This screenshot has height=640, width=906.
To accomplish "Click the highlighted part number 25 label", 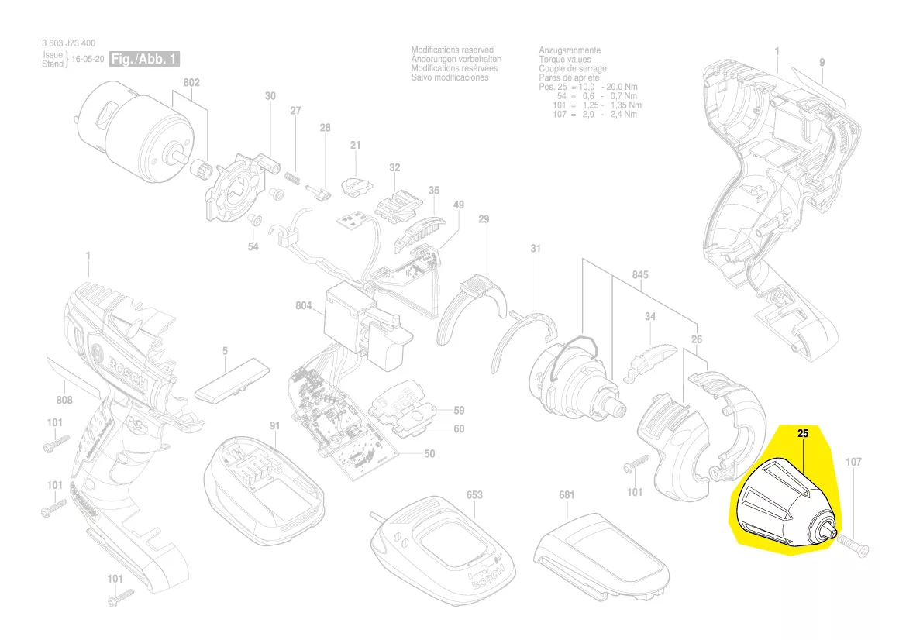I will [803, 435].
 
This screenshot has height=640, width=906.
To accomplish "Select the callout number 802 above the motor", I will [191, 83].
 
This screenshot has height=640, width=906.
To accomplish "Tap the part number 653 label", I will [474, 494].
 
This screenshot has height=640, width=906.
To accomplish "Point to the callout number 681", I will [567, 494].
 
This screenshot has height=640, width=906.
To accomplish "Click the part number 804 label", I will [304, 306].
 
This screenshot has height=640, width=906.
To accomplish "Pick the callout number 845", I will [639, 275].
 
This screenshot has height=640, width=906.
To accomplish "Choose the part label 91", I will [274, 425].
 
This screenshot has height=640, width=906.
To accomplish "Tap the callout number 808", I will [64, 400].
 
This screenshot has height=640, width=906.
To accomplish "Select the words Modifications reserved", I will [452, 50].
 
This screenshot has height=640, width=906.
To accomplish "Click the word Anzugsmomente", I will [570, 50].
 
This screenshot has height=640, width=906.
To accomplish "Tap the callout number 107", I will [853, 463].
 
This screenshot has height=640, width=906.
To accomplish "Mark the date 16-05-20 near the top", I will [88, 60].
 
